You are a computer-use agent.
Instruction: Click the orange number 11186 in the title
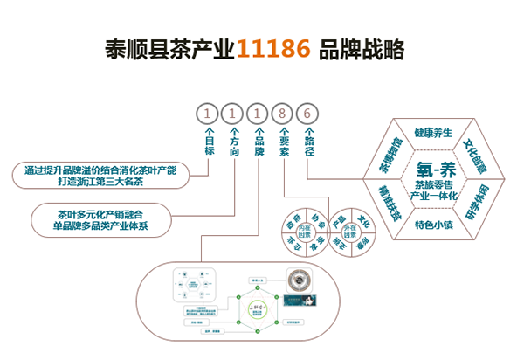(x=272, y=49)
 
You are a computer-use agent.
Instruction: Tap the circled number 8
(x=283, y=114)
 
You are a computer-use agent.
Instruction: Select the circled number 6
(x=307, y=114)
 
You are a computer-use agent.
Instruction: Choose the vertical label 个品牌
(x=259, y=142)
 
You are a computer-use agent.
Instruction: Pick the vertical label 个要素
(x=284, y=142)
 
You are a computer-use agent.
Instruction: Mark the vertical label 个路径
(x=308, y=142)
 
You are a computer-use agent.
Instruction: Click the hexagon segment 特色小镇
(x=433, y=225)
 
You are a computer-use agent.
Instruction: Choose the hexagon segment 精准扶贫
(x=390, y=203)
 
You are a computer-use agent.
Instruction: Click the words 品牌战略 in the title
(x=362, y=49)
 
